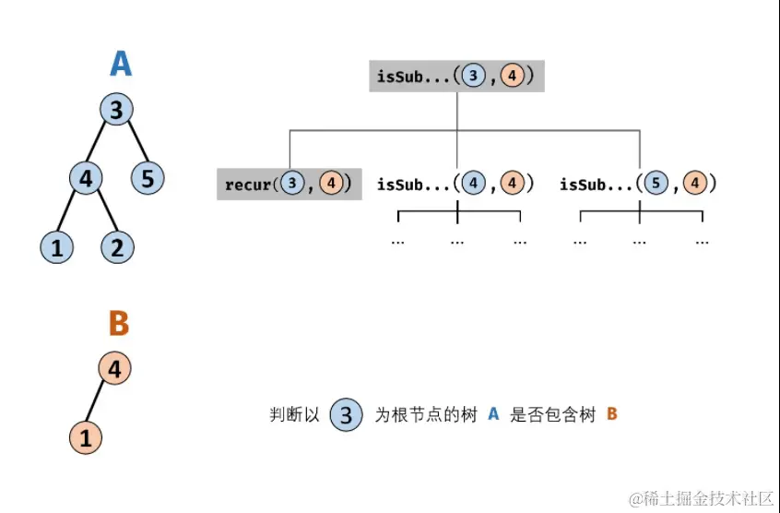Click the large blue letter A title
(x=120, y=64)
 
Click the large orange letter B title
(x=118, y=324)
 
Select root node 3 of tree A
(x=116, y=111)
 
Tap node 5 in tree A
(x=148, y=177)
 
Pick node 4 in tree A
(x=85, y=177)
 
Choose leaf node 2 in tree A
(x=116, y=246)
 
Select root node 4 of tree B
(x=114, y=369)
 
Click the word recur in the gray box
(x=248, y=185)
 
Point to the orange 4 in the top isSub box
(x=513, y=76)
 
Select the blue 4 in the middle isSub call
(x=474, y=184)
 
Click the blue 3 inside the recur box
(x=293, y=184)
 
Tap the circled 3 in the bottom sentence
(x=346, y=415)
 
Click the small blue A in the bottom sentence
(x=493, y=415)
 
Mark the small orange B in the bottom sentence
(x=612, y=415)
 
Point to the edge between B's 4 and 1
(x=100, y=404)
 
